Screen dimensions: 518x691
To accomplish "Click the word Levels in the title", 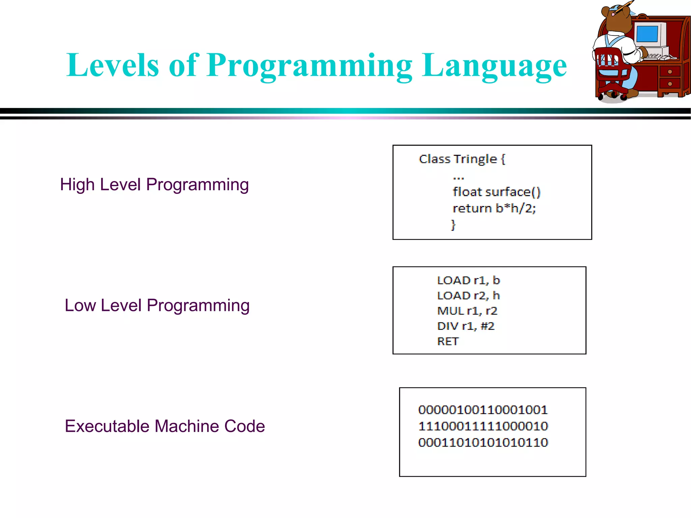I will [x=112, y=65].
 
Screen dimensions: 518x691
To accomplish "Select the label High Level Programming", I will [x=154, y=185].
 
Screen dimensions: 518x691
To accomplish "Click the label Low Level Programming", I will [x=157, y=306].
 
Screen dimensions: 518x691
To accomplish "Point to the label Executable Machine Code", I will [x=165, y=426].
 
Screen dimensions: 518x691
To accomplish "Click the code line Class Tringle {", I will [x=462, y=159].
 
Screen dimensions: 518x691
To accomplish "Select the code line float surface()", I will [x=496, y=192].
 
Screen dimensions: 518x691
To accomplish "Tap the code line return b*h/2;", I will [x=494, y=208].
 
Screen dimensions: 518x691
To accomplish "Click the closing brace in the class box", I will [x=453, y=225].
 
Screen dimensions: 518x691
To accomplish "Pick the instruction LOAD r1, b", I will [x=468, y=280].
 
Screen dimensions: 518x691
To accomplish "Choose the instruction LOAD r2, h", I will [x=468, y=295].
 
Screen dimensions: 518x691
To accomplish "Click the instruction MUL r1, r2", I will [x=467, y=311].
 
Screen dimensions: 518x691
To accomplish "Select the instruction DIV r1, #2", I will [x=466, y=326].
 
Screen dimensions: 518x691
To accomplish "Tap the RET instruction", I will [x=448, y=341].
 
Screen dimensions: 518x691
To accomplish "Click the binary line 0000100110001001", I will [x=483, y=410].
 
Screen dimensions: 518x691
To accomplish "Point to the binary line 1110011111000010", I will [x=483, y=426].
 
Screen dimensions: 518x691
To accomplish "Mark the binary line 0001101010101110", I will [x=483, y=442].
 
